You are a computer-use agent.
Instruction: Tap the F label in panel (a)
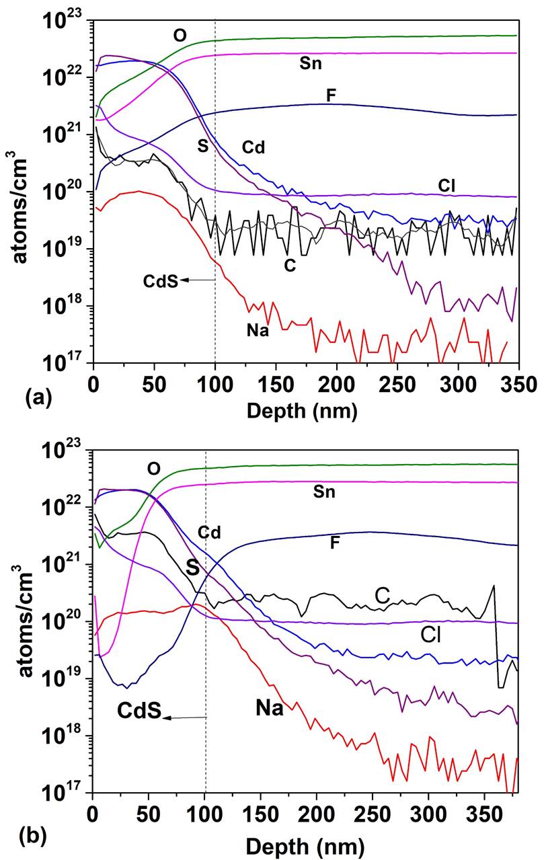point(330,95)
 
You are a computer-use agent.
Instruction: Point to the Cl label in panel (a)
point(445,185)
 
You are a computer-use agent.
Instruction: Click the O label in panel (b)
point(153,467)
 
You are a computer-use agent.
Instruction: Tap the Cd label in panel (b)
point(209,533)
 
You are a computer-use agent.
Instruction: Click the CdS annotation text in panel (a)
point(160,281)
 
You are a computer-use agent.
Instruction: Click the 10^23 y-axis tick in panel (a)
point(67,21)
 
